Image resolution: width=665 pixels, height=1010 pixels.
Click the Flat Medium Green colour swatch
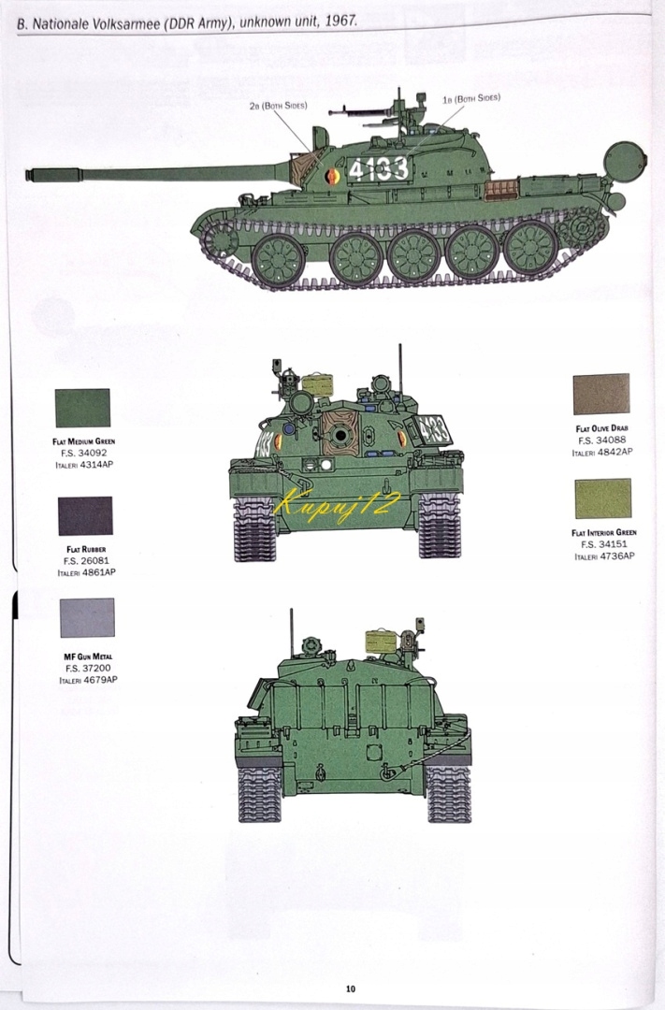[x=82, y=408]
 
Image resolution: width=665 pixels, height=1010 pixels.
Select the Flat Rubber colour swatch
[x=85, y=515]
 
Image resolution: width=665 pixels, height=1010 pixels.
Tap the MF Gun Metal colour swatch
[x=87, y=617]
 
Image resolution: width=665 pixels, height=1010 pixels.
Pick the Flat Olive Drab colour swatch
[x=601, y=394]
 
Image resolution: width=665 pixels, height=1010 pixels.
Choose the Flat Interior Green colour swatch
[x=602, y=498]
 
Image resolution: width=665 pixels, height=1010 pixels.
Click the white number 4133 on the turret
[x=378, y=169]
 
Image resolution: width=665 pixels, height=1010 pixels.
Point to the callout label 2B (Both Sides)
[x=279, y=106]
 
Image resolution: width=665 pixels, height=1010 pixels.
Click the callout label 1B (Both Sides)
[x=471, y=98]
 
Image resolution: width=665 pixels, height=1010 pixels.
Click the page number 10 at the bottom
[x=350, y=989]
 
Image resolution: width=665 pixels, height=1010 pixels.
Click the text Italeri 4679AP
[x=88, y=680]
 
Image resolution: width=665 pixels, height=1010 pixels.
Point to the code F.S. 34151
[x=603, y=543]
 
